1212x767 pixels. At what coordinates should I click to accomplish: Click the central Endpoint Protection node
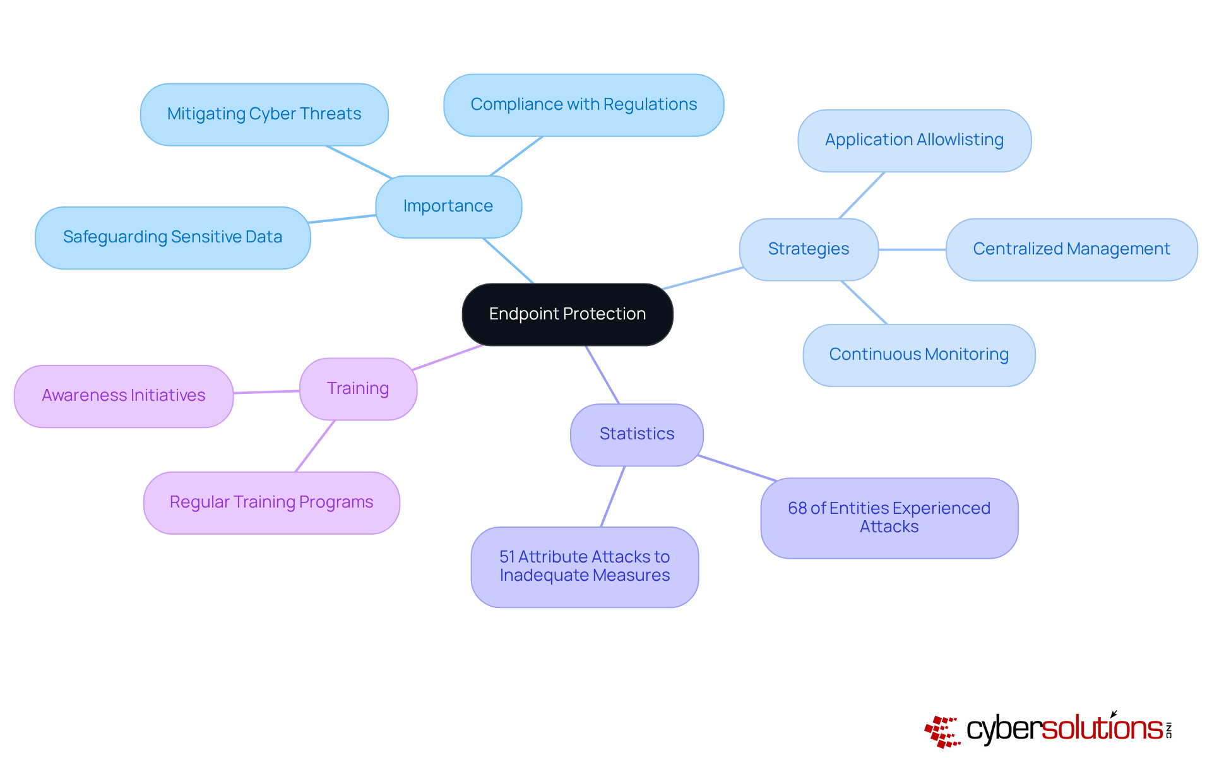pos(567,314)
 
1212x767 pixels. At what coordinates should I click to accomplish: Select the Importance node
pos(448,206)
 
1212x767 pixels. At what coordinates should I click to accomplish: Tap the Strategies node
pos(808,249)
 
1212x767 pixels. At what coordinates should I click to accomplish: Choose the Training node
pos(358,389)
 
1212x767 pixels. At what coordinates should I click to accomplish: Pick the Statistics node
pos(636,434)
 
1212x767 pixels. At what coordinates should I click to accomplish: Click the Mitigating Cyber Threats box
pos(264,114)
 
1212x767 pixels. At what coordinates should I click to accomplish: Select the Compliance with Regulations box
pos(583,105)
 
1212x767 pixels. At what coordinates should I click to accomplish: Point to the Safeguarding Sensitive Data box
pos(172,237)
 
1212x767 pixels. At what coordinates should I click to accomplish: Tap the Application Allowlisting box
pos(914,140)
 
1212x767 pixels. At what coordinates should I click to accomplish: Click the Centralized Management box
pos(1071,249)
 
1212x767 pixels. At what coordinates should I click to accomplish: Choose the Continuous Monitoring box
pos(918,355)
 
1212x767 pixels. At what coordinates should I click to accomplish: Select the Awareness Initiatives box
pos(124,396)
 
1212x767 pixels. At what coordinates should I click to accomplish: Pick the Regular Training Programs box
pos(271,502)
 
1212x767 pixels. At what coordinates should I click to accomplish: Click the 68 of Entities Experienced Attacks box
pos(889,518)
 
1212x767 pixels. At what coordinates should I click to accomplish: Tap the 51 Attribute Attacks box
pos(585,567)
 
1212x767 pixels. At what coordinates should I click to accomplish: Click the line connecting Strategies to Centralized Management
pos(912,249)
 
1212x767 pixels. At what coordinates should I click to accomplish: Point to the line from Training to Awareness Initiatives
pos(266,392)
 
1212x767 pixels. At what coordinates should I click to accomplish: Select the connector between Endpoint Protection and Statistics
pos(602,374)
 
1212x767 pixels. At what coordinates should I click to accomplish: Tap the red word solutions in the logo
pos(1102,728)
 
